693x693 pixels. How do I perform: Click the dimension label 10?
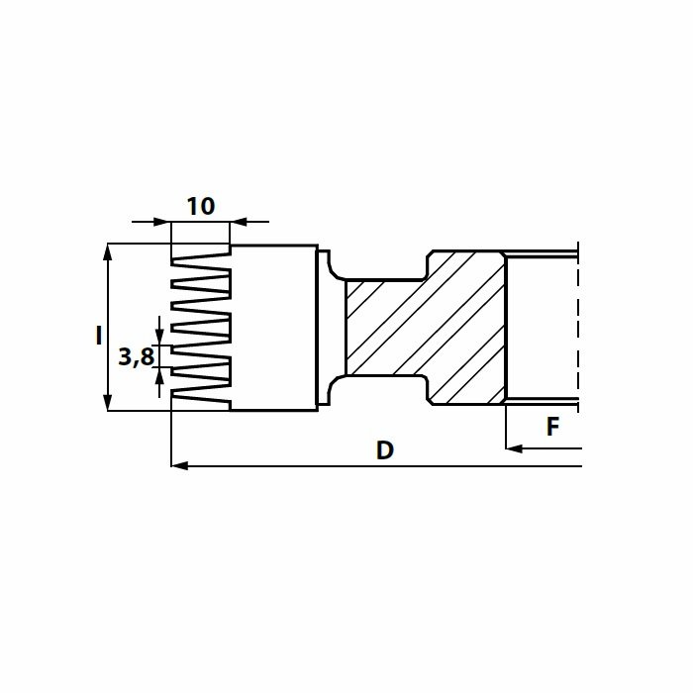click(x=201, y=206)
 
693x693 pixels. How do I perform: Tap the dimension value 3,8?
click(x=137, y=356)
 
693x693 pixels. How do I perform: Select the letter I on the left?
click(x=99, y=336)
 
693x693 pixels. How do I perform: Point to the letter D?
click(x=385, y=450)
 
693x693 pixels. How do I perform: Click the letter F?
click(x=552, y=427)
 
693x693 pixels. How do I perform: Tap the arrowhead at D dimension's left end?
click(x=179, y=466)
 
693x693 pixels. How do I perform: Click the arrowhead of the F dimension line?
click(x=514, y=448)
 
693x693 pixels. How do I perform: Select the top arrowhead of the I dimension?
click(x=107, y=251)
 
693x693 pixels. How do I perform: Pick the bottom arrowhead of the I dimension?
click(x=107, y=402)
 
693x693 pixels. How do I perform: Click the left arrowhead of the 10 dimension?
click(x=162, y=222)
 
